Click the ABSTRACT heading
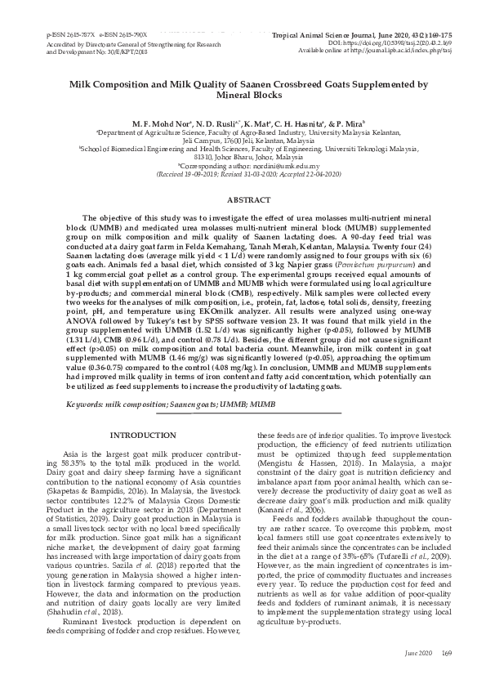pyautogui.click(x=243, y=199)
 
